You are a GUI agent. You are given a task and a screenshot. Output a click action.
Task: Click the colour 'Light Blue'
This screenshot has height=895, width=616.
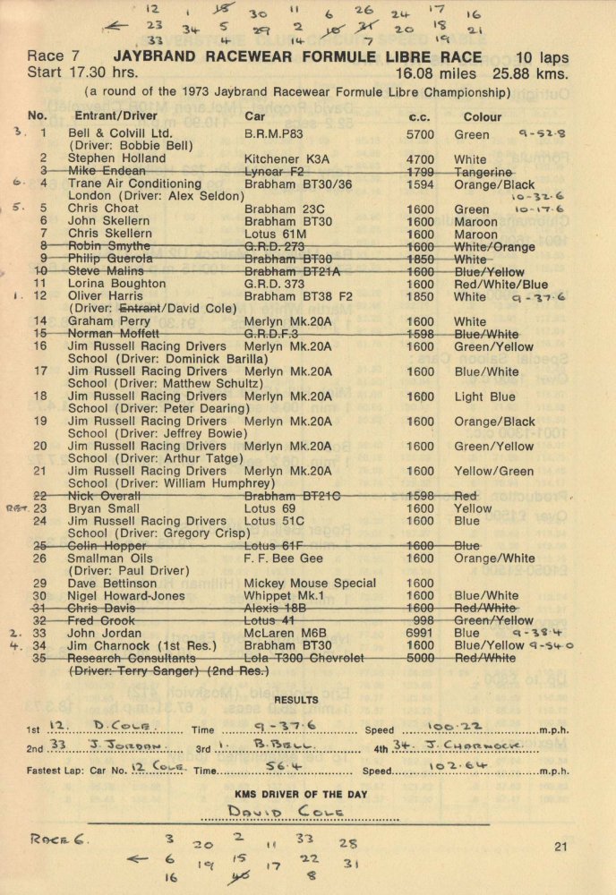(484, 396)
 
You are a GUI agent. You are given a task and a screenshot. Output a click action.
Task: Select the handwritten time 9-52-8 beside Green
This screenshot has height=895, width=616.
(542, 134)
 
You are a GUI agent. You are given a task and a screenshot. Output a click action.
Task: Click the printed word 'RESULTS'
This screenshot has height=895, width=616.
(296, 700)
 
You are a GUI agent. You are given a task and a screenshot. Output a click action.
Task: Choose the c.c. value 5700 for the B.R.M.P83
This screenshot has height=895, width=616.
(421, 135)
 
